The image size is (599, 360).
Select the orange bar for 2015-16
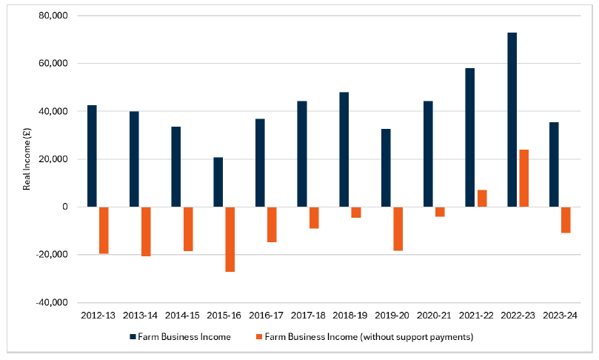tap(230, 239)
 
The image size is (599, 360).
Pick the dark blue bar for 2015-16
tap(218, 182)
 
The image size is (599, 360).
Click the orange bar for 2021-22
tap(482, 199)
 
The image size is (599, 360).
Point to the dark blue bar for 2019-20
tap(386, 168)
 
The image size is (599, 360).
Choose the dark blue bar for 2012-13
tap(92, 156)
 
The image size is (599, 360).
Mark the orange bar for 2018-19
tap(356, 213)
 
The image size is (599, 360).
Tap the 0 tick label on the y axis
tap(64, 207)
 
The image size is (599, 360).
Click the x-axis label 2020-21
tap(434, 316)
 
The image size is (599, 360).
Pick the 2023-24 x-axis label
tap(560, 316)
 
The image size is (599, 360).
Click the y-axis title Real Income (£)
tap(27, 159)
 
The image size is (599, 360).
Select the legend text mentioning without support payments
tap(368, 337)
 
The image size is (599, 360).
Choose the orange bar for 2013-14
tap(146, 232)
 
